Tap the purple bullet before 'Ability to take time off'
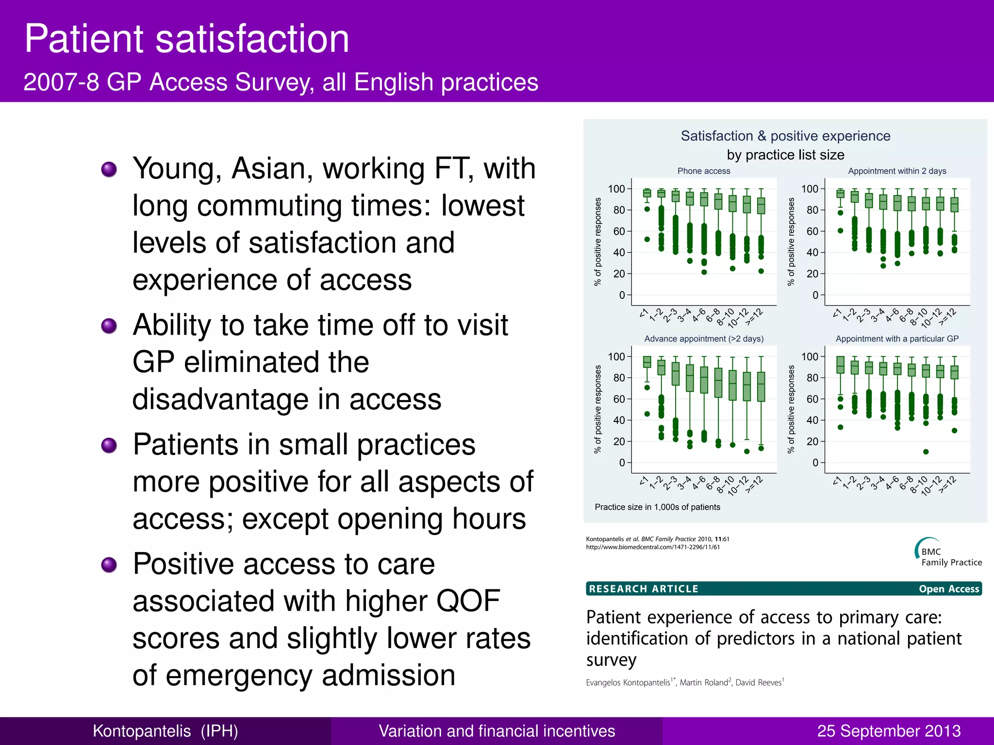tap(109, 325)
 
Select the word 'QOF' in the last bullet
tap(468, 601)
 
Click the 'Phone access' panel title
tap(703, 171)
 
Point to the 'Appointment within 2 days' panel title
tap(897, 171)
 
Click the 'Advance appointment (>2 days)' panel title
tap(703, 339)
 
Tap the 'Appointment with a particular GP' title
tap(897, 339)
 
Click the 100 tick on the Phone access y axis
tap(616, 189)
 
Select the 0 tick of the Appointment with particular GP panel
tap(815, 463)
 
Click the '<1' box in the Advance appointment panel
tap(647, 362)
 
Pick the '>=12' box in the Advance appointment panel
tap(761, 387)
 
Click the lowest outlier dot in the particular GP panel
tap(926, 452)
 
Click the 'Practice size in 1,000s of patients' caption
tap(657, 507)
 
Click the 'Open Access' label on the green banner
tap(948, 589)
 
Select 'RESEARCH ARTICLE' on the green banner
tap(644, 589)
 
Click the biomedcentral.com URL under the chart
tap(653, 547)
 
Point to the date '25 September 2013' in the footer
tap(889, 730)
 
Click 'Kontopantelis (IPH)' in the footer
tap(165, 730)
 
